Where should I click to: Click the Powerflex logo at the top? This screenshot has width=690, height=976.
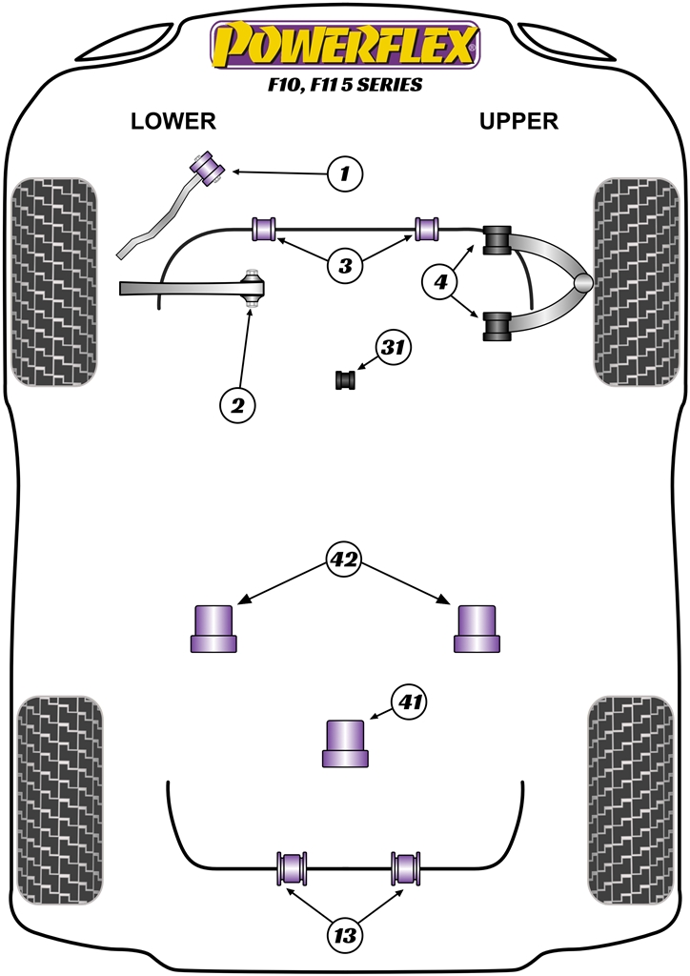click(345, 46)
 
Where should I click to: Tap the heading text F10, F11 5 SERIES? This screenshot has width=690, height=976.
click(345, 85)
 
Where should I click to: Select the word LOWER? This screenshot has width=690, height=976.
click(173, 121)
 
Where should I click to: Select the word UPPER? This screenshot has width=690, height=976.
click(518, 121)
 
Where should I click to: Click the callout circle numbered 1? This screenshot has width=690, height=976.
click(345, 173)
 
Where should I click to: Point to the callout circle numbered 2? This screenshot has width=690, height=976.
click(237, 406)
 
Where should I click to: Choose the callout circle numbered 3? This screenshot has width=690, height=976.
click(345, 265)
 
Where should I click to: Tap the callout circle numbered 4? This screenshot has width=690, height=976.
click(440, 281)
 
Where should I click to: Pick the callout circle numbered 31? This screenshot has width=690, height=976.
click(392, 348)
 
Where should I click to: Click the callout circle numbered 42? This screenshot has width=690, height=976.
click(344, 559)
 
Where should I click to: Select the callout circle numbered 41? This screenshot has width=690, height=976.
click(410, 704)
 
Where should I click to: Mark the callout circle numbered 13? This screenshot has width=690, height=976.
click(344, 936)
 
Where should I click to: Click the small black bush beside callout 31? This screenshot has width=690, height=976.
click(345, 380)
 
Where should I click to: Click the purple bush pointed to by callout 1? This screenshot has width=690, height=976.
click(208, 167)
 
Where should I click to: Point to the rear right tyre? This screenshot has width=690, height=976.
click(635, 800)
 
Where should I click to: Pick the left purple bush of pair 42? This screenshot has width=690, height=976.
click(214, 629)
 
